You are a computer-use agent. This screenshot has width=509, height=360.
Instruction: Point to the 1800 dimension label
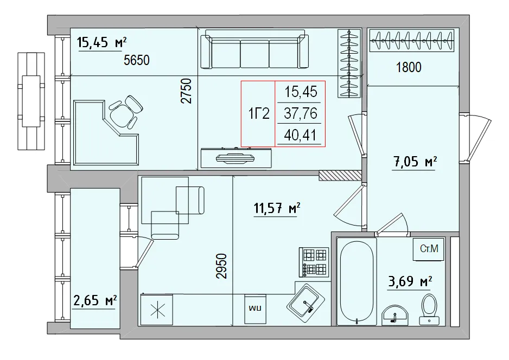pyautogui.click(x=409, y=68)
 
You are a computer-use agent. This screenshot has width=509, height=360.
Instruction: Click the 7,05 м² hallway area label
pyautogui.click(x=415, y=161)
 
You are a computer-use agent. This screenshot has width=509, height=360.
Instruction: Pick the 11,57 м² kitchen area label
pyautogui.click(x=277, y=208)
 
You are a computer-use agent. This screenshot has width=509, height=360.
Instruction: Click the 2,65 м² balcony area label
pyautogui.click(x=95, y=300)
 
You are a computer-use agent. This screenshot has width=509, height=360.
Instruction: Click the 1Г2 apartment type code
pyautogui.click(x=259, y=114)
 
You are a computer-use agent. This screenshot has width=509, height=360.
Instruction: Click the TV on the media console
pyautogui.click(x=236, y=158)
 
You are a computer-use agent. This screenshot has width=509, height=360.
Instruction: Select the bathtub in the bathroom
pyautogui.click(x=355, y=282)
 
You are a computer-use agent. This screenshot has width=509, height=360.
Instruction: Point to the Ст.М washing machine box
pyautogui.click(x=429, y=249)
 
